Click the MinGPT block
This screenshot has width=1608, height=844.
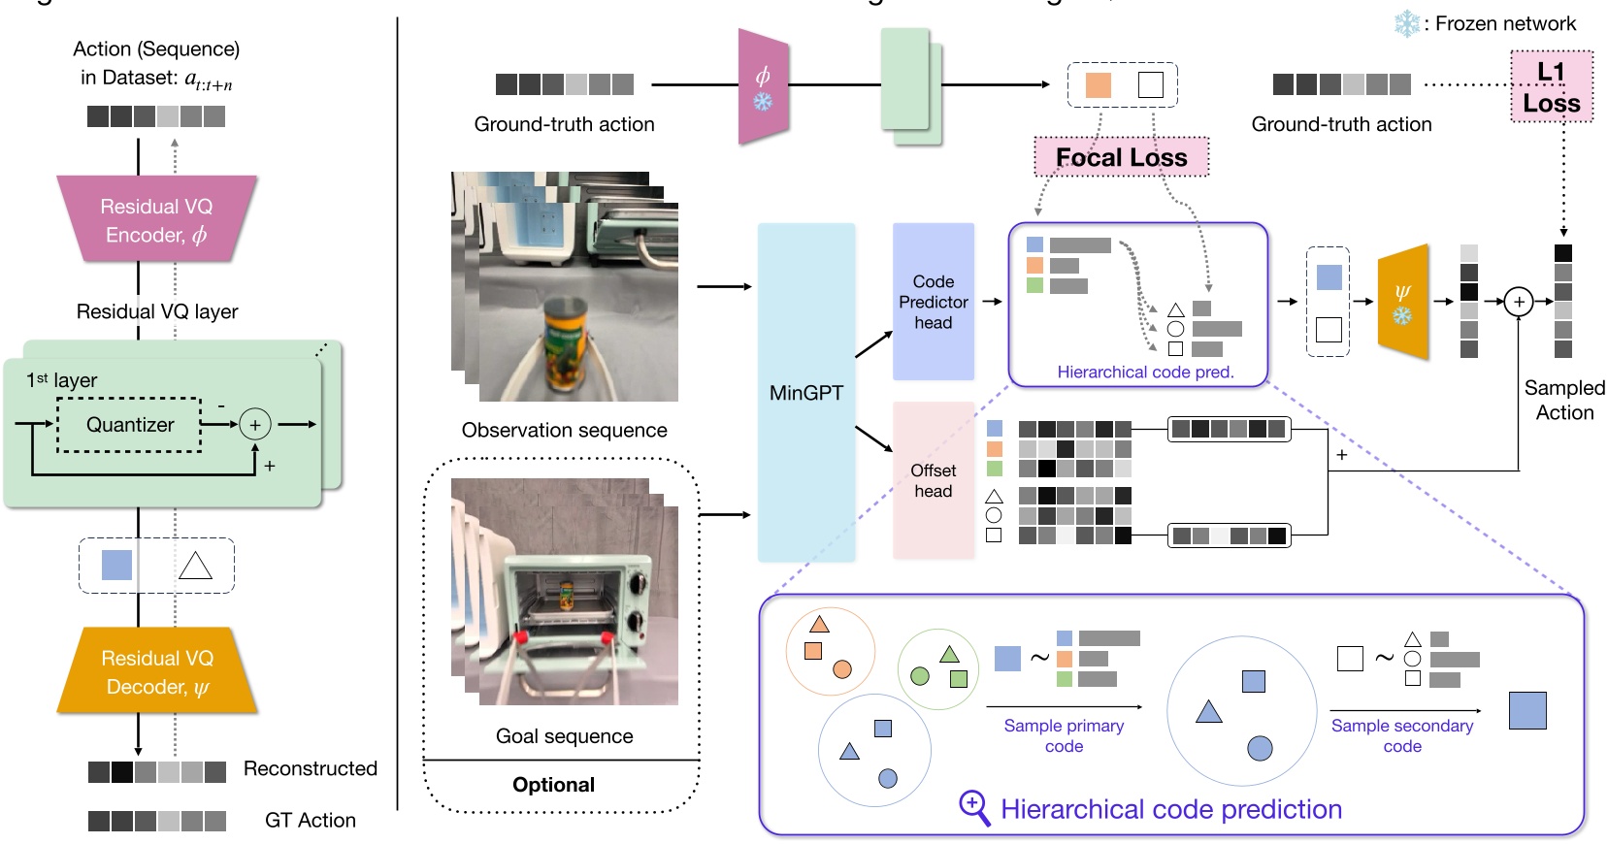click(x=805, y=392)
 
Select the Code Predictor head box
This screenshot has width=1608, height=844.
click(x=933, y=302)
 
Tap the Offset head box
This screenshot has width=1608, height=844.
click(x=933, y=480)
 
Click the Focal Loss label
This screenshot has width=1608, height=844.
click(x=1121, y=157)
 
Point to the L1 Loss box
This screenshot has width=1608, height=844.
click(x=1551, y=87)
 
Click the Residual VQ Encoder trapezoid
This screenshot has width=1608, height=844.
click(x=156, y=220)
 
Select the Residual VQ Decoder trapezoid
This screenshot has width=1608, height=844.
click(x=157, y=671)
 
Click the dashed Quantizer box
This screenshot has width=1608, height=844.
click(x=130, y=425)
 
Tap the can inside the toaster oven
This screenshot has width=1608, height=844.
click(x=566, y=595)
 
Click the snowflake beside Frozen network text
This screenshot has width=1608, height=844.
click(x=1406, y=24)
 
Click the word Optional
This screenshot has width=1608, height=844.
click(x=553, y=785)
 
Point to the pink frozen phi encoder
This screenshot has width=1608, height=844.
click(x=763, y=87)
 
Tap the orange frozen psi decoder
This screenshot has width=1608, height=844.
click(x=1403, y=302)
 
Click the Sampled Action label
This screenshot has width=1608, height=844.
click(x=1564, y=400)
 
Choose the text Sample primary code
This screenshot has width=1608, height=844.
click(x=1064, y=735)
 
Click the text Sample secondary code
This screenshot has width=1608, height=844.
click(x=1402, y=735)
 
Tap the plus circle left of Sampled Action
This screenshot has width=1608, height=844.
click(x=1519, y=302)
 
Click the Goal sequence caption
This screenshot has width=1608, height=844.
click(x=564, y=736)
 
